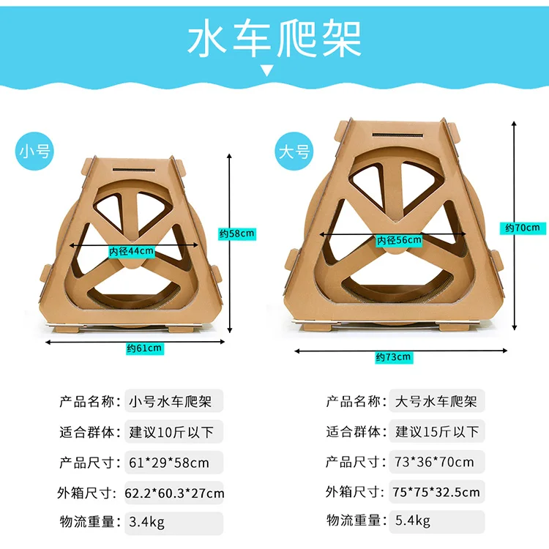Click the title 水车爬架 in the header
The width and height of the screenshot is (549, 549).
tap(274, 39)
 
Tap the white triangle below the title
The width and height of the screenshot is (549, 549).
tap(268, 71)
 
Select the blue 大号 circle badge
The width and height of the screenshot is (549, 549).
tap(294, 152)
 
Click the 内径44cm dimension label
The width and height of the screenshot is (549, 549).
tap(132, 251)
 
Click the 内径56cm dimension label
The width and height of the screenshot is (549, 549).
tap(399, 240)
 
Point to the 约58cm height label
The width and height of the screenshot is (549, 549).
tap(237, 234)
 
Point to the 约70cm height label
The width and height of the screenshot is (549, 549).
tap(522, 228)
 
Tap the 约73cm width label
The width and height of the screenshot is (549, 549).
tap(394, 357)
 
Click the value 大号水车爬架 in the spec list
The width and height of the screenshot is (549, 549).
tap(436, 401)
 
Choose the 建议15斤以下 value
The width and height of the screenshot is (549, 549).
tap(437, 431)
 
